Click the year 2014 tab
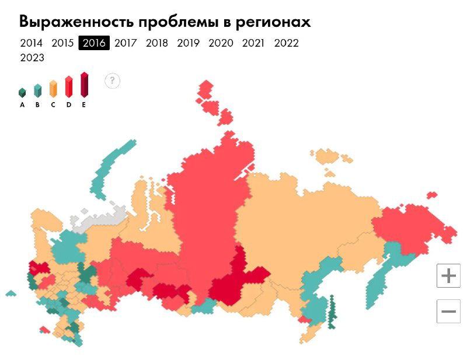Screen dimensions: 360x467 tap(31, 43)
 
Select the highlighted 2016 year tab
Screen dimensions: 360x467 tap(94, 43)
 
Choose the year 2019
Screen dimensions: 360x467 tap(188, 43)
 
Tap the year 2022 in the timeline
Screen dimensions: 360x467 tap(286, 43)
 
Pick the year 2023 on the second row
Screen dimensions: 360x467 tap(32, 58)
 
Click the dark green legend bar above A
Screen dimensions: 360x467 tap(22, 92)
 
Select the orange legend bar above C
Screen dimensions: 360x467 tap(53, 88)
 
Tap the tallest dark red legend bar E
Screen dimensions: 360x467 tap(84, 85)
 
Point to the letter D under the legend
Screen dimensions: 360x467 tap(68, 105)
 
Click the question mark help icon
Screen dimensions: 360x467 tap(112, 81)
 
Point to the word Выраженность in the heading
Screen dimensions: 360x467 tap(77, 22)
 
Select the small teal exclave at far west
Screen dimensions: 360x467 tap(11, 293)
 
